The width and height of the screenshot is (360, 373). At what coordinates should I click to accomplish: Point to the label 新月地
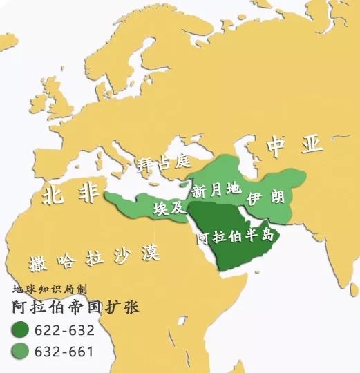click(x=216, y=189)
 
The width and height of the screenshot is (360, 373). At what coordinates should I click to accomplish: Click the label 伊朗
click(x=265, y=196)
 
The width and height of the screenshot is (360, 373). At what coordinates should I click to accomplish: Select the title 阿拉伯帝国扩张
click(x=75, y=307)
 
